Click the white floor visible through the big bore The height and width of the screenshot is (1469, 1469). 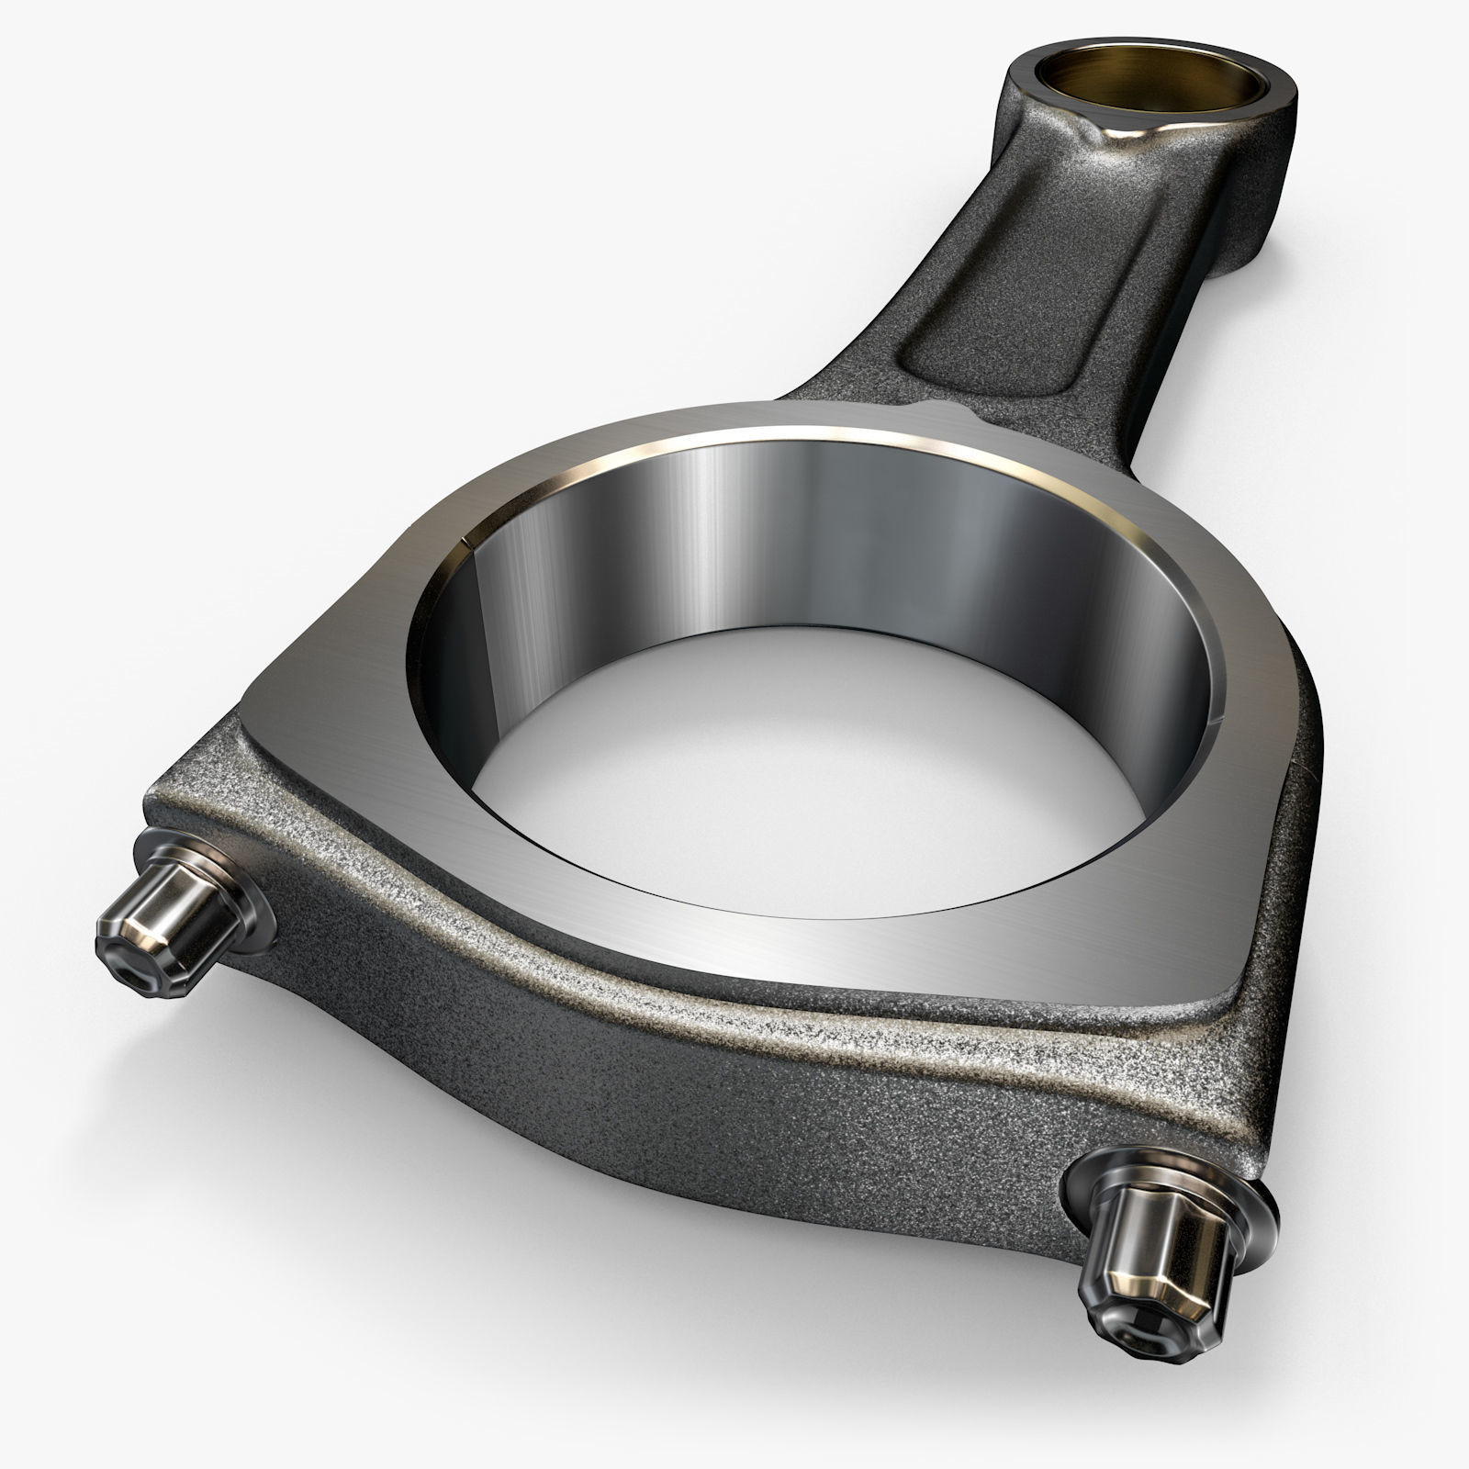tap(808, 780)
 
